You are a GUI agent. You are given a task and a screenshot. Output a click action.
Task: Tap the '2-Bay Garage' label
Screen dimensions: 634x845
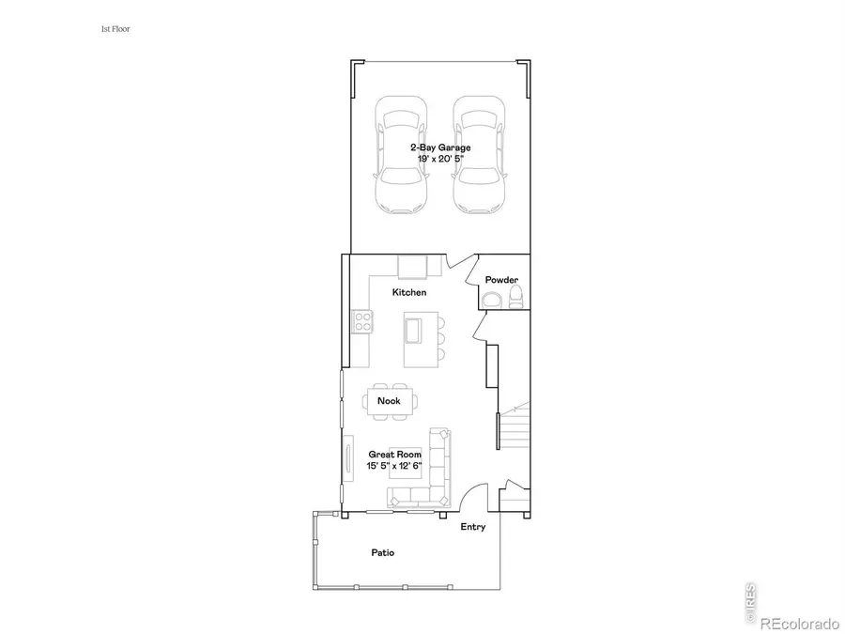439,148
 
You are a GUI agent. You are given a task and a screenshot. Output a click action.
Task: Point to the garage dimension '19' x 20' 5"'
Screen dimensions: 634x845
439,161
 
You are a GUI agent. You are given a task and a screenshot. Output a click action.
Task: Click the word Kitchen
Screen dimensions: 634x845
409,292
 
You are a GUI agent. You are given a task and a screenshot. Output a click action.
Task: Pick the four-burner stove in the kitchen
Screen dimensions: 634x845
361,321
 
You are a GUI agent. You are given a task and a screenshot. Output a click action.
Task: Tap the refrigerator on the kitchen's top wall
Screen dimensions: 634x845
413,267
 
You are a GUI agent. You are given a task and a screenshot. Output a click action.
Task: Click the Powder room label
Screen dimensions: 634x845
501,281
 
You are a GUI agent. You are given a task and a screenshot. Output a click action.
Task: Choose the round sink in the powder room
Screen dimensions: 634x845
490,301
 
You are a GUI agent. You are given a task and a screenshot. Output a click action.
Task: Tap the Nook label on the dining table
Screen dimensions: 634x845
389,401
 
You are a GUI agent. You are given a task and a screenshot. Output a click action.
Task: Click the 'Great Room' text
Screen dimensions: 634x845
394,454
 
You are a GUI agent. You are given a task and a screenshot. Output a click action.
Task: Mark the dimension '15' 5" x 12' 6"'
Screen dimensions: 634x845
394,466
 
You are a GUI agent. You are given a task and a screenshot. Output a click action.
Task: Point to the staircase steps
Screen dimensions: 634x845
515,427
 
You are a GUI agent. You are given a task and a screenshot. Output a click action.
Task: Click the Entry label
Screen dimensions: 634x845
473,527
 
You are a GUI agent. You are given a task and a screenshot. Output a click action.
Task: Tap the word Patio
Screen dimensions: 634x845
381,553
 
